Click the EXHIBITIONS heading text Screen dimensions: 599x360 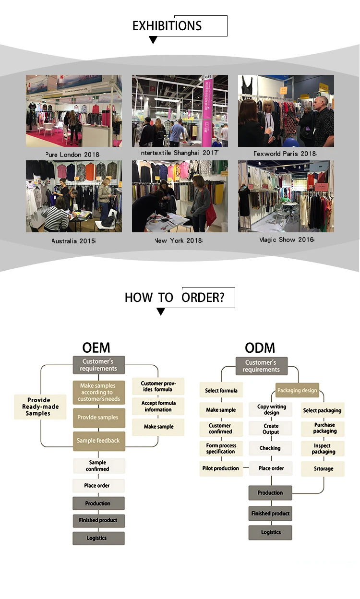click(167, 26)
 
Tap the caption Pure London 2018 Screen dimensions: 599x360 click(72, 155)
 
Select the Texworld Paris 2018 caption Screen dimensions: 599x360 click(285, 154)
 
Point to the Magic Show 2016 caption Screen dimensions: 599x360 click(287, 240)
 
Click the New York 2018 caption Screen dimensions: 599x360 click(178, 240)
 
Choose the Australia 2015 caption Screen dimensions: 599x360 click(73, 240)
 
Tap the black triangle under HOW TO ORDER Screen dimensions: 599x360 click(161, 312)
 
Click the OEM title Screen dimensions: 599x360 click(96, 348)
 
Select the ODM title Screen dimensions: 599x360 click(259, 348)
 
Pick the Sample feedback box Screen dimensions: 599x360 click(98, 441)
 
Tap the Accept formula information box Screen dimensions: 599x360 click(158, 406)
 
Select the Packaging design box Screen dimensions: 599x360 click(297, 390)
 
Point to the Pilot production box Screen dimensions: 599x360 click(220, 468)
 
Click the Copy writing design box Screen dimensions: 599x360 click(271, 409)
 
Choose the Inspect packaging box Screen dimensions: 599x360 click(323, 449)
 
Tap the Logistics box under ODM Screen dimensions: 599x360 click(270, 532)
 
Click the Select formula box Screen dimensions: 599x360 click(221, 390)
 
